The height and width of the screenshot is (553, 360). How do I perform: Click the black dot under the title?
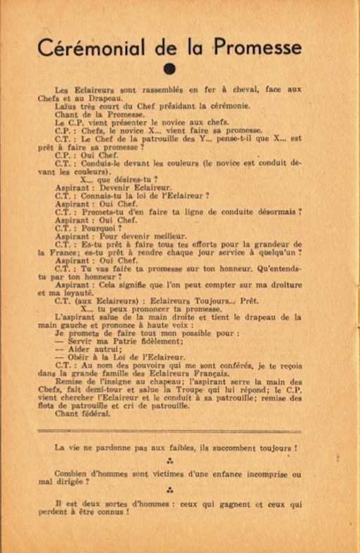[168, 68]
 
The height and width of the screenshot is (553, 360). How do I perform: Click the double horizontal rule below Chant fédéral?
[169, 430]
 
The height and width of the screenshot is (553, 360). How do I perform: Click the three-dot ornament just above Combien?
[169, 461]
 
